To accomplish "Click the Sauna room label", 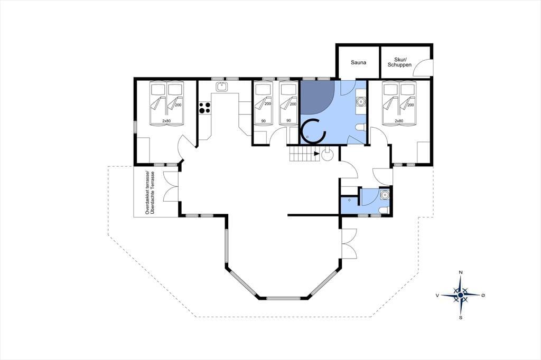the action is pyautogui.click(x=359, y=62).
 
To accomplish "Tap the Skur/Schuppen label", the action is pyautogui.click(x=399, y=62).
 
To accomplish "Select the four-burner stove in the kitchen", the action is pyautogui.click(x=204, y=108).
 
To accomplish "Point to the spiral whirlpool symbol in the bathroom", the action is pyautogui.click(x=313, y=131).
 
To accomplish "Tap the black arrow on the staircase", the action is pyautogui.click(x=317, y=154).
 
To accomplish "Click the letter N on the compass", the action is pyautogui.click(x=460, y=272).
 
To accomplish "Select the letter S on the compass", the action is pyautogui.click(x=460, y=318).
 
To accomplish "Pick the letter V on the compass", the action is pyautogui.click(x=437, y=295).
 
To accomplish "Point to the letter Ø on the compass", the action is pyautogui.click(x=483, y=295).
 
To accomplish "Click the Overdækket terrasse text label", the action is pyautogui.click(x=147, y=193).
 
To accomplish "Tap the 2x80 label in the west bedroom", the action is pyautogui.click(x=166, y=121).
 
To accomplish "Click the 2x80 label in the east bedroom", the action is pyautogui.click(x=399, y=121).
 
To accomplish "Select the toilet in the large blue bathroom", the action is pyautogui.click(x=360, y=127).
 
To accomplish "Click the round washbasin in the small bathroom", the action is pyautogui.click(x=385, y=195).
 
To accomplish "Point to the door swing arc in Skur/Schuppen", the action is pyautogui.click(x=421, y=65).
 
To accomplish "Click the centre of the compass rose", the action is pyautogui.click(x=460, y=295).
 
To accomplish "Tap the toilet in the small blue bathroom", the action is pyautogui.click(x=384, y=210).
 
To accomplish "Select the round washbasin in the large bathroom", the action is pyautogui.click(x=361, y=102).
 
